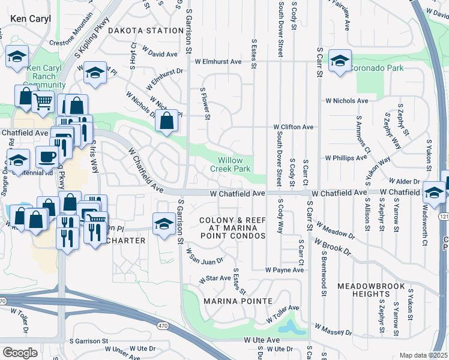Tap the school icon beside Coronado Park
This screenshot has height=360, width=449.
point(340,61)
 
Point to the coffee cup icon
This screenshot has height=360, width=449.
point(47,157)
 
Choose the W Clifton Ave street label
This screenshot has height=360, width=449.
point(294,127)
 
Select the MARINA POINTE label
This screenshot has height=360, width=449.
point(238,300)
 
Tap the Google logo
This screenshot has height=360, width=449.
point(20,352)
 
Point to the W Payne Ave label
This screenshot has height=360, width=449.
point(286,270)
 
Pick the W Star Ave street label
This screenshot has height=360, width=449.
point(215,278)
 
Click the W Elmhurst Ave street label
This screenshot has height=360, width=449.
point(217,61)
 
